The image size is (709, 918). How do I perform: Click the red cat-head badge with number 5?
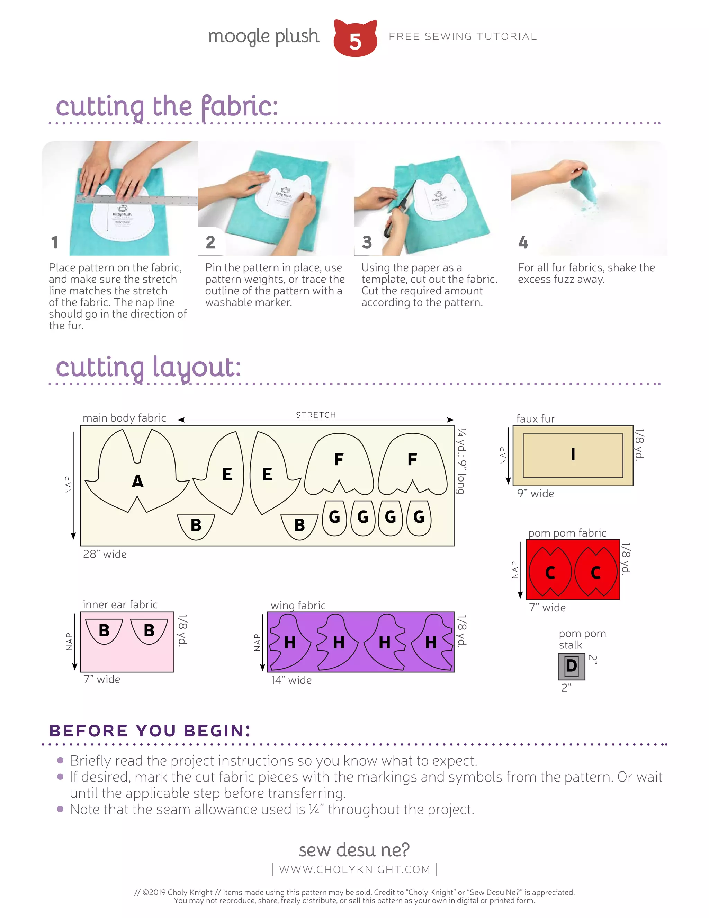point(355,39)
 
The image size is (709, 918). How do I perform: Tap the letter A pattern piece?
point(137,481)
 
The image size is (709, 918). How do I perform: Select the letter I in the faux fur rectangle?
point(573,454)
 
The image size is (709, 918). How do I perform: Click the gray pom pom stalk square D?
point(571,666)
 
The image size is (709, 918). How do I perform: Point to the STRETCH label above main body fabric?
point(316,415)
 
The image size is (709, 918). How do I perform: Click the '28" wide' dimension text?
point(105,554)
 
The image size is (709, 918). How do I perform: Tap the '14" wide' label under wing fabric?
point(291,680)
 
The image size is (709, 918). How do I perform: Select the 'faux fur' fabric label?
point(535,419)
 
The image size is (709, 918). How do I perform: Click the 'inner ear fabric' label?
point(120,604)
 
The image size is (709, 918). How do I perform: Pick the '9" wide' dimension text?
point(535,493)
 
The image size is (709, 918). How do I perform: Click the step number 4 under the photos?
point(523,242)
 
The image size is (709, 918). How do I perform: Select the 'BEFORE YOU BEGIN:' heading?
point(150,731)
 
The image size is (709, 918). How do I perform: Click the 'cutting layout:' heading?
point(148,367)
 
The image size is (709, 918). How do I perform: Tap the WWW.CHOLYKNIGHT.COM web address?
point(354,869)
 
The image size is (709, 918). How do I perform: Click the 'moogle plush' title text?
point(263,37)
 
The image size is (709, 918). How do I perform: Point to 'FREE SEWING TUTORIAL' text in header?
point(463,37)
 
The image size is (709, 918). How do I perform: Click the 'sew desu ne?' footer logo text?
point(354,849)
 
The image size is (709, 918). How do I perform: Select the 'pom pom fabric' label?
point(567,533)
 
